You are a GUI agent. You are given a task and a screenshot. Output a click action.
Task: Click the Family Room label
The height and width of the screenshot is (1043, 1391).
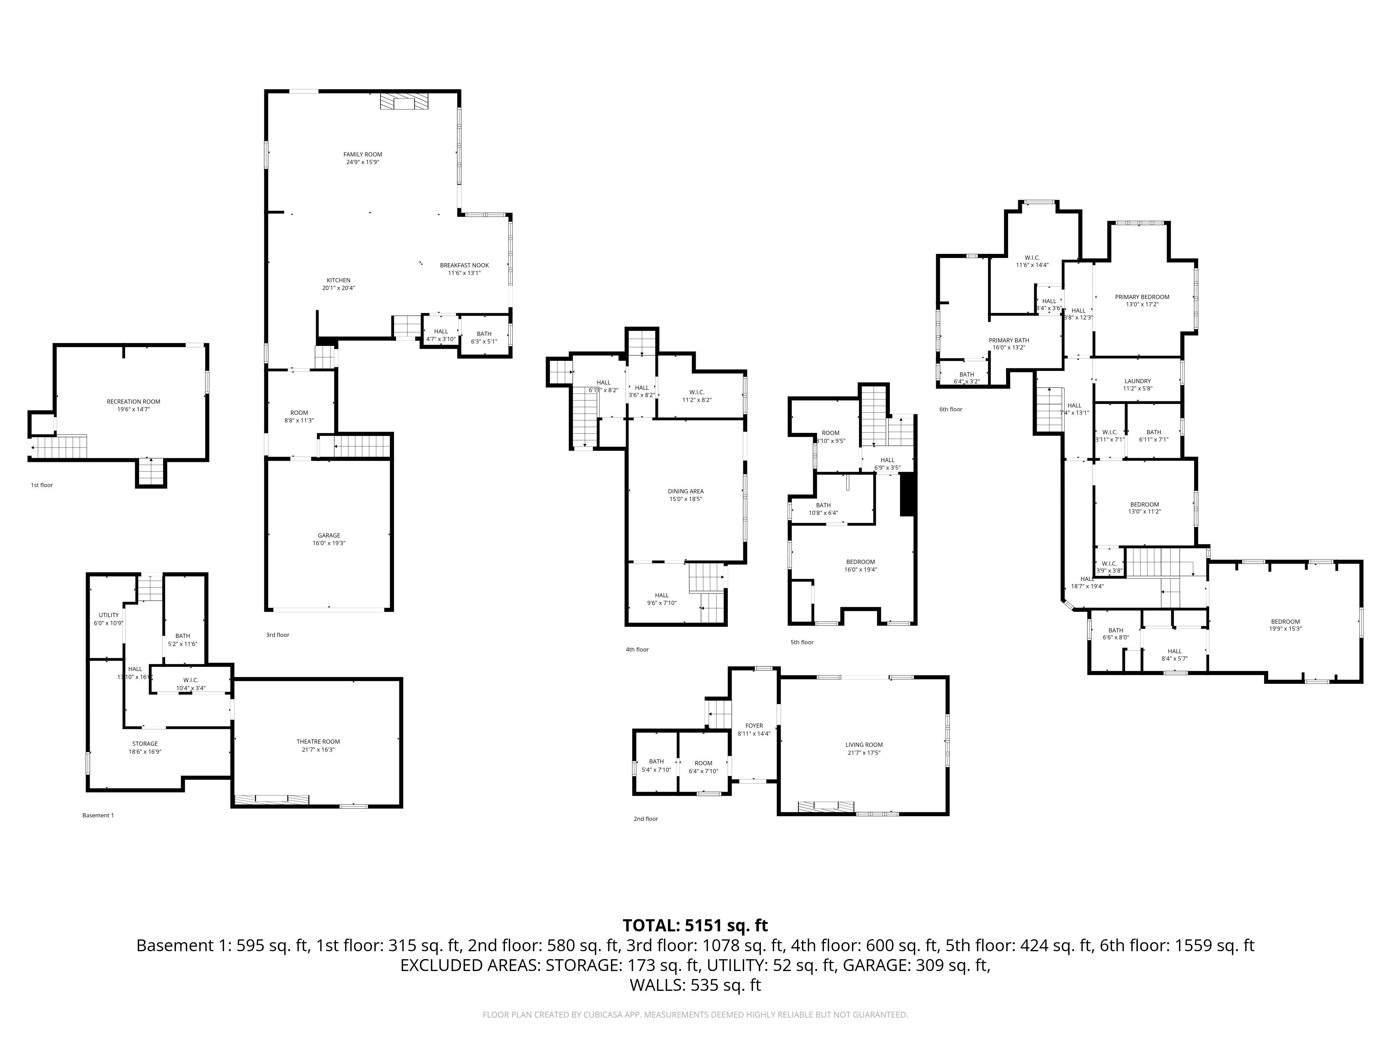(363, 158)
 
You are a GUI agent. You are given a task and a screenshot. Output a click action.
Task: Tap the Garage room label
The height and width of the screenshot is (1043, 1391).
(329, 539)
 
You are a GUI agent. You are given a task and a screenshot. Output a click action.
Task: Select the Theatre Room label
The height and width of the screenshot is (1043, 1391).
(318, 745)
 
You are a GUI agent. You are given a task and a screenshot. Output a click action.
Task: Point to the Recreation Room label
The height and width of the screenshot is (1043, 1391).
(133, 405)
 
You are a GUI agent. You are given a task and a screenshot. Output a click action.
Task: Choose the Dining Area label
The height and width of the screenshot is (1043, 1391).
(685, 495)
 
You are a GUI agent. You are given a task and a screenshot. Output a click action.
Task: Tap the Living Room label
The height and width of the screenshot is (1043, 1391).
(864, 748)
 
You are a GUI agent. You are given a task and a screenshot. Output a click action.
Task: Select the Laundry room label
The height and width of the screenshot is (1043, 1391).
(1137, 384)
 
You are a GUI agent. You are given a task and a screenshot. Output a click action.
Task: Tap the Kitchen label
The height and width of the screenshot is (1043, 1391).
(338, 284)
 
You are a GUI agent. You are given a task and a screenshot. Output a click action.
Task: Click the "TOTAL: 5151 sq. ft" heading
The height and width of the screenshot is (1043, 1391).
(695, 925)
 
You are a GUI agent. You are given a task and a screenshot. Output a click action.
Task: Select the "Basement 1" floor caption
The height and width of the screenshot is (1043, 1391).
(98, 815)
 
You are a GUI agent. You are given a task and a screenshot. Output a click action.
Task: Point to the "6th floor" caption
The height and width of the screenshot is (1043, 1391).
(951, 409)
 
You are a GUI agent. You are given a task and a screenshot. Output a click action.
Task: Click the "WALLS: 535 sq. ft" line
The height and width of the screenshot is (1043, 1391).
(695, 985)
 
